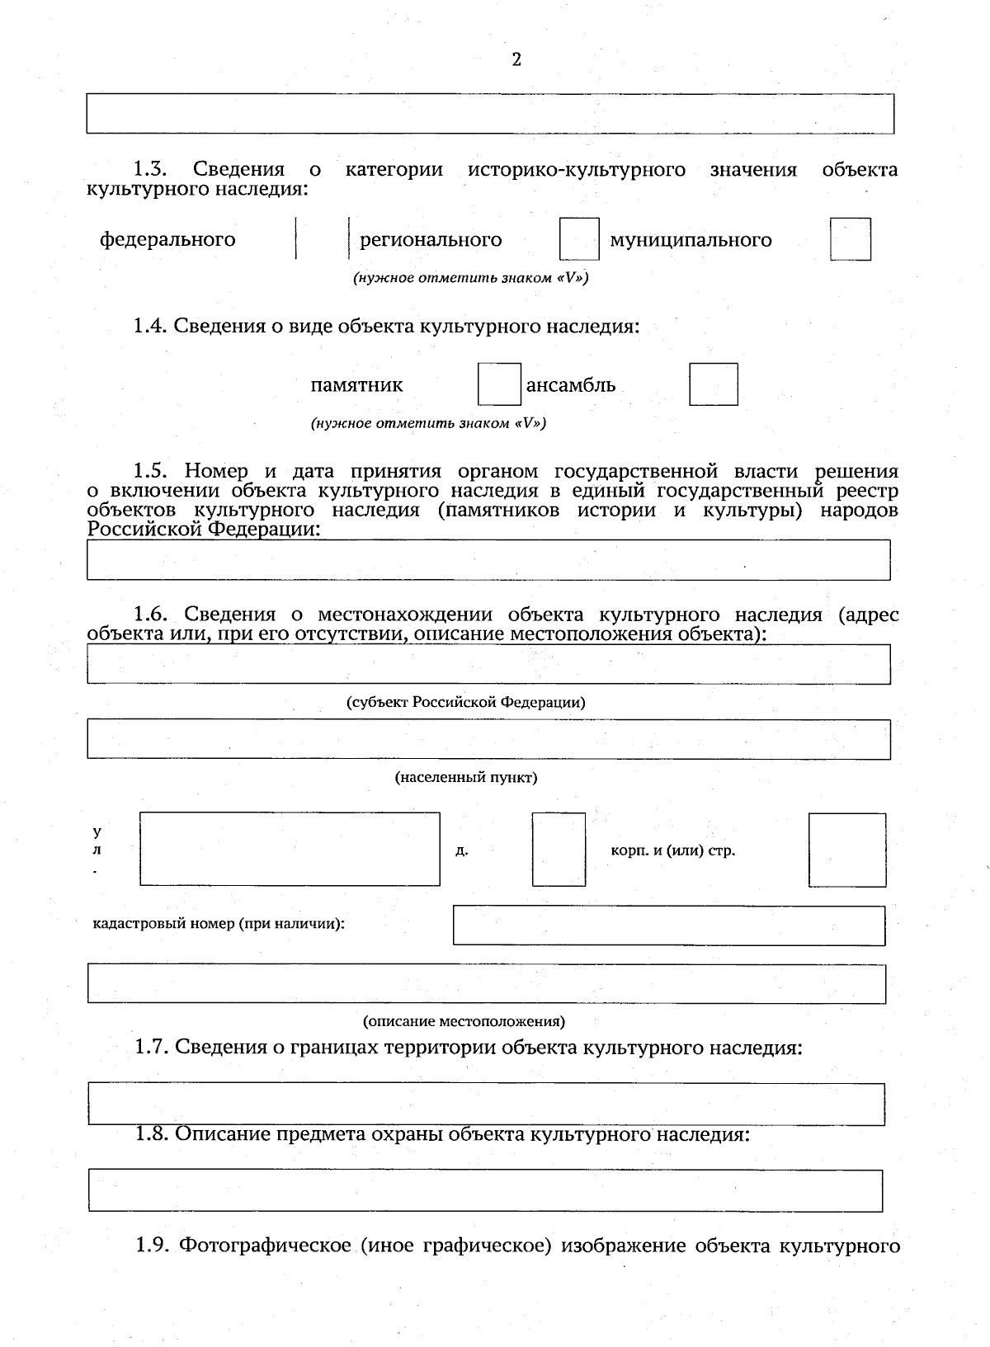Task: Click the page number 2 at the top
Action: (516, 59)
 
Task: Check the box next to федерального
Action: (323, 239)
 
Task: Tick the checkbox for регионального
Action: (578, 239)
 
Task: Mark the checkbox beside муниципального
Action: (850, 239)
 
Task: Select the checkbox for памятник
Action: (499, 384)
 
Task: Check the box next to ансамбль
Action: (713, 384)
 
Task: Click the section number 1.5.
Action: (150, 472)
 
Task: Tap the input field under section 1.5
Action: (488, 560)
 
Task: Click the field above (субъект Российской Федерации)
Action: (488, 664)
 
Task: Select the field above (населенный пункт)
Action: (488, 739)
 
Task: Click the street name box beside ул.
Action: (290, 849)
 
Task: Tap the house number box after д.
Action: (559, 849)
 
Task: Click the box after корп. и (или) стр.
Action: (846, 850)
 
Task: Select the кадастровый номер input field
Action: (668, 925)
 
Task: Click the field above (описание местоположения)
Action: (487, 984)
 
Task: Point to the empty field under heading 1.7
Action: (487, 1104)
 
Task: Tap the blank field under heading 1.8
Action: (485, 1189)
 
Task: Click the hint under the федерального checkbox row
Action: (470, 278)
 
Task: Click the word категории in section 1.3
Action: (394, 170)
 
